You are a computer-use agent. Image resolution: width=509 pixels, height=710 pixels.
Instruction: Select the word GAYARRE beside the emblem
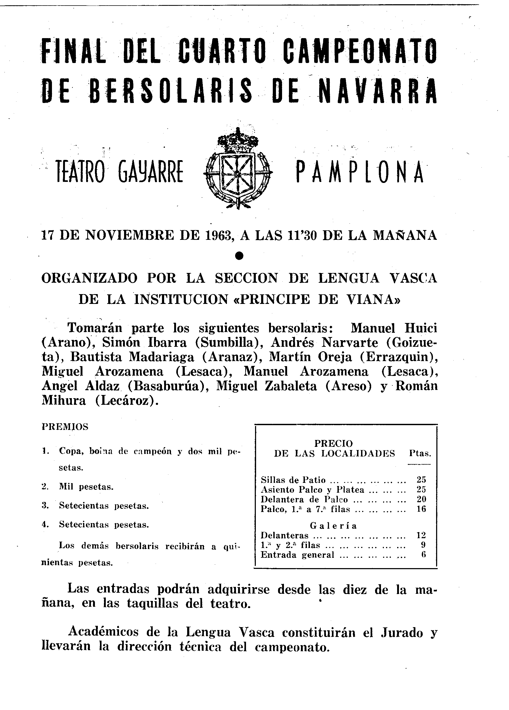click(x=150, y=172)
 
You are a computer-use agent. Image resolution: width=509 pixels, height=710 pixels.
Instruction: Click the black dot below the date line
click(x=239, y=256)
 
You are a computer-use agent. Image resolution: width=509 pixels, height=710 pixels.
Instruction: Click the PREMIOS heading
click(x=65, y=427)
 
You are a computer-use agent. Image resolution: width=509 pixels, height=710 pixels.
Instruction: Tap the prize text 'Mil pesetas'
click(x=86, y=487)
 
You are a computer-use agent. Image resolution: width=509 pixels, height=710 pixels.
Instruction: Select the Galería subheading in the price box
click(x=334, y=526)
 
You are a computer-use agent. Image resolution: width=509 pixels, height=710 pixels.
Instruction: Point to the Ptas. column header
click(x=420, y=453)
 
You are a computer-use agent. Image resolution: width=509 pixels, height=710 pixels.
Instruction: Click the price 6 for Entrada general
click(x=423, y=555)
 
